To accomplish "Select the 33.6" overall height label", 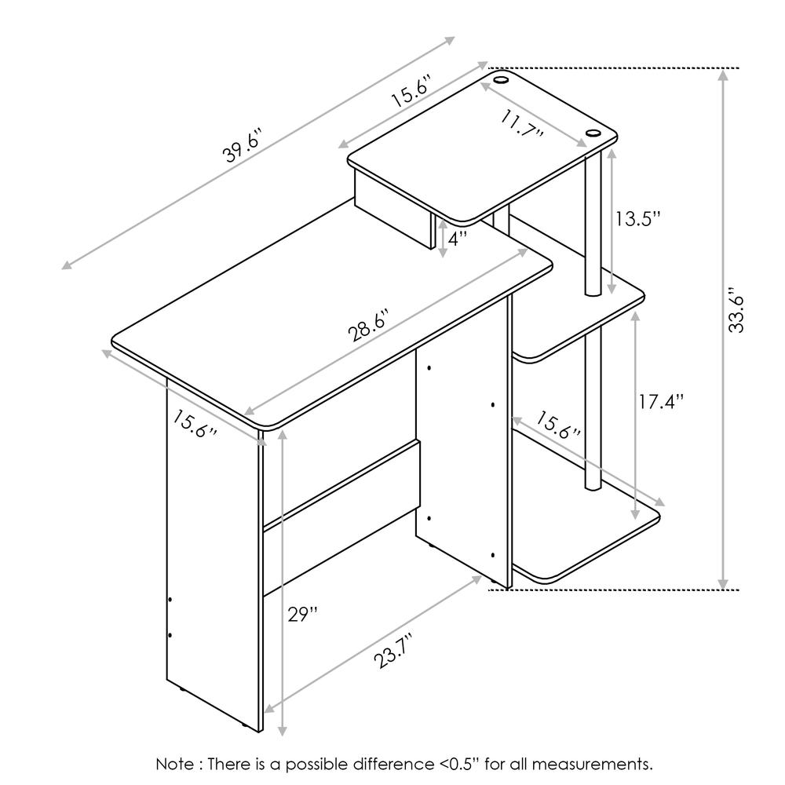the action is click(736, 310).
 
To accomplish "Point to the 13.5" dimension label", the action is click(637, 219).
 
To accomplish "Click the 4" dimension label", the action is click(457, 239).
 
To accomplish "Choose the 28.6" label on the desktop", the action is click(369, 326).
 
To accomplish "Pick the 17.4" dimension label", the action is click(661, 401).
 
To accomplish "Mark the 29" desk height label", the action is click(302, 614).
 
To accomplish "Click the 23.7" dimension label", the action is click(394, 650).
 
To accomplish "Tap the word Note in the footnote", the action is click(175, 764).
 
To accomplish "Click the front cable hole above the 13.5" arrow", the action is click(593, 133).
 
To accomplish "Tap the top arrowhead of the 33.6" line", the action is click(722, 75).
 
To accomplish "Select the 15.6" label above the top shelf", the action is click(411, 91).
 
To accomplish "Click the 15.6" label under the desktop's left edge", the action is click(195, 424).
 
